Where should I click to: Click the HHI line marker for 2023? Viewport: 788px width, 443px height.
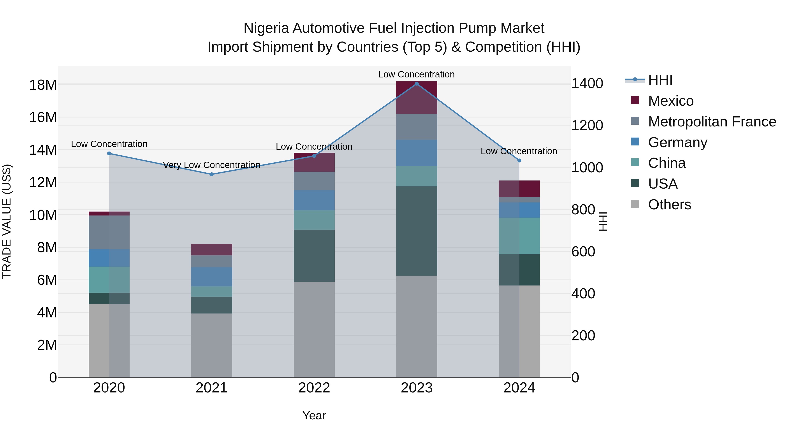pyautogui.click(x=416, y=84)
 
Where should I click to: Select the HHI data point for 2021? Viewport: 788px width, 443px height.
pyautogui.click(x=211, y=174)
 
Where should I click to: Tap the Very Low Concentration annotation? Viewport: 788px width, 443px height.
pyautogui.click(x=211, y=165)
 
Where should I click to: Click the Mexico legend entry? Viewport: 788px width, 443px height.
pyautogui.click(x=670, y=101)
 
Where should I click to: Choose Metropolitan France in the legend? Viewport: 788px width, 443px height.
pyautogui.click(x=712, y=122)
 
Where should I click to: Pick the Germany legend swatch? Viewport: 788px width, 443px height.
pyautogui.click(x=635, y=142)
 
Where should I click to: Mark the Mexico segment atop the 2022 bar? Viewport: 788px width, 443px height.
pyautogui.click(x=314, y=162)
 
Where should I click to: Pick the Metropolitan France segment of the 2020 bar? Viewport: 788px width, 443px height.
pyautogui.click(x=109, y=232)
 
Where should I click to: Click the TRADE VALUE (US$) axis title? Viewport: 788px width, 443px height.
pyautogui.click(x=7, y=221)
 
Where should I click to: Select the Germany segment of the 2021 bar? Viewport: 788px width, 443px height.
pyautogui.click(x=211, y=277)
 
